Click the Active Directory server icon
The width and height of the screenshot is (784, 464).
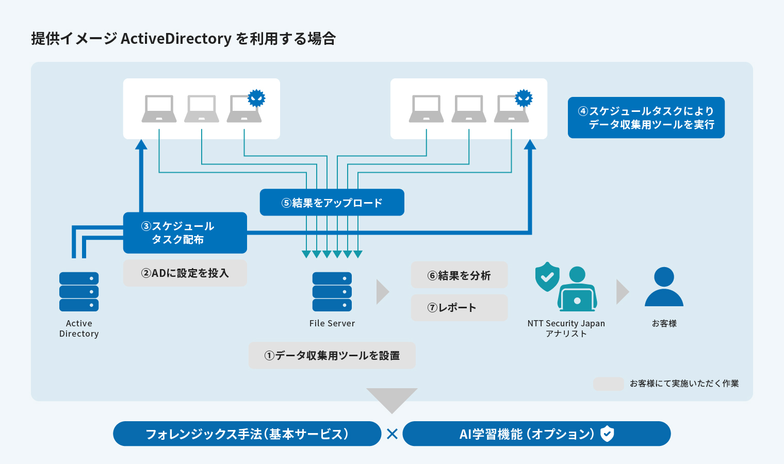point(79,292)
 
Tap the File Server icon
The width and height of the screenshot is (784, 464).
point(332,292)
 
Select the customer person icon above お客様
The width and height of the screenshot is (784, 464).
point(664,287)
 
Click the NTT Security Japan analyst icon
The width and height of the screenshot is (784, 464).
point(577,290)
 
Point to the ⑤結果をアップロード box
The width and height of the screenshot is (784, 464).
point(332,203)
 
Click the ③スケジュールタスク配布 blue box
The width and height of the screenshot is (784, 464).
point(185,233)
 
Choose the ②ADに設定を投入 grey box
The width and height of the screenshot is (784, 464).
point(185,273)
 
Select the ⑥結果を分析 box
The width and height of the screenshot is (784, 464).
point(459,275)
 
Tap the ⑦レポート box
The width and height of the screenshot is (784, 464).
point(459,308)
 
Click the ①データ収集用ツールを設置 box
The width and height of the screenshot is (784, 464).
point(332,356)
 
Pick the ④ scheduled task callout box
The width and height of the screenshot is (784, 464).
point(646,118)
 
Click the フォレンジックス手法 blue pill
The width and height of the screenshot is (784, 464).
point(247,434)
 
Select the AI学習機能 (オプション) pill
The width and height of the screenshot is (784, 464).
point(536,434)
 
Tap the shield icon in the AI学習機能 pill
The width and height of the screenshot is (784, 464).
point(608,434)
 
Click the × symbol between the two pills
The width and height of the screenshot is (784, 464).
point(392,434)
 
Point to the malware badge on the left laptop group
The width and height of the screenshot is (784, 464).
point(256,98)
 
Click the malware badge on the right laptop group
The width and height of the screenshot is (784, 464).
point(524,98)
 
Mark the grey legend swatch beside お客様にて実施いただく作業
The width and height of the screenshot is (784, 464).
point(609,384)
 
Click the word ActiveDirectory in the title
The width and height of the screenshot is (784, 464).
point(176,39)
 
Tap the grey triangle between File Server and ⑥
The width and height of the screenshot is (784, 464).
point(382,292)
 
